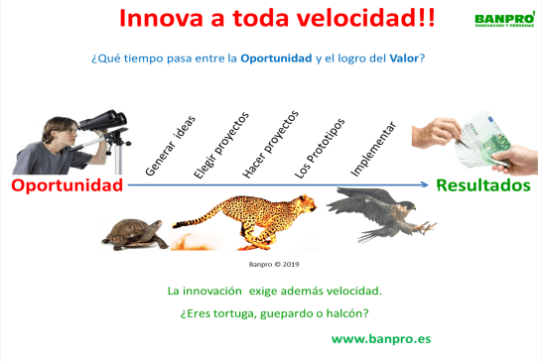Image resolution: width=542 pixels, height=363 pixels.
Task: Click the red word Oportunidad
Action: click(x=68, y=185)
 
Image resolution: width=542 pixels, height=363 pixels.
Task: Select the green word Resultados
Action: click(x=482, y=184)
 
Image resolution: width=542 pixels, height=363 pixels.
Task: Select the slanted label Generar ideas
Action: click(x=170, y=146)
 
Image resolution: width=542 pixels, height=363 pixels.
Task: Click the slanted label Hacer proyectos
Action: click(x=269, y=144)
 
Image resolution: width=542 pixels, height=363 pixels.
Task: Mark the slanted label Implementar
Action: click(x=373, y=151)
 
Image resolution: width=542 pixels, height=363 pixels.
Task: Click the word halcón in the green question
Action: click(x=347, y=314)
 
